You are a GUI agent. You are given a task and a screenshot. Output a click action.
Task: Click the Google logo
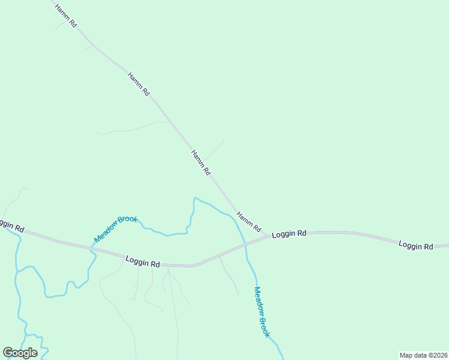point(20,353)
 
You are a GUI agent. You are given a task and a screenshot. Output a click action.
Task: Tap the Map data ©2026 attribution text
point(423,355)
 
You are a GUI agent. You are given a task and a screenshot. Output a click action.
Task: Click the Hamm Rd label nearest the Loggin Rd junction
point(249,222)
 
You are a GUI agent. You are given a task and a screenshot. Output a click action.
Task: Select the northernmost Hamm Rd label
point(65,16)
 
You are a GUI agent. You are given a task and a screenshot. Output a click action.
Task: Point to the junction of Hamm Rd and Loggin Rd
point(268,236)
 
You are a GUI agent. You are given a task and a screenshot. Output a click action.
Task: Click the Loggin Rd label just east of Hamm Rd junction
point(289,234)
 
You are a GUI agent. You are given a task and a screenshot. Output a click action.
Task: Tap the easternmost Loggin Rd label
point(416,246)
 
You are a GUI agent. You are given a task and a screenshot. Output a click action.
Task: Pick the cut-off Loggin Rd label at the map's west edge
point(11,226)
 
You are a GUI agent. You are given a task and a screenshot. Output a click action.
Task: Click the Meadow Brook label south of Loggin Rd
point(262,312)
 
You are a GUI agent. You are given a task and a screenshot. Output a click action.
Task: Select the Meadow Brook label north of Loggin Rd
point(116,229)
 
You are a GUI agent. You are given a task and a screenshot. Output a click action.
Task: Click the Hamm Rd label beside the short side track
point(200,162)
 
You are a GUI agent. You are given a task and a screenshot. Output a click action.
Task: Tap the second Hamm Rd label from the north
point(139,85)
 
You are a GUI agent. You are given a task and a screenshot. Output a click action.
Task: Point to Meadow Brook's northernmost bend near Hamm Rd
point(195,198)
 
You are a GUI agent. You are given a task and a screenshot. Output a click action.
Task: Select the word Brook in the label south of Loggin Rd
point(265,326)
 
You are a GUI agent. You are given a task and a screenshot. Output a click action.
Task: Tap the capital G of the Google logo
point(8,353)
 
